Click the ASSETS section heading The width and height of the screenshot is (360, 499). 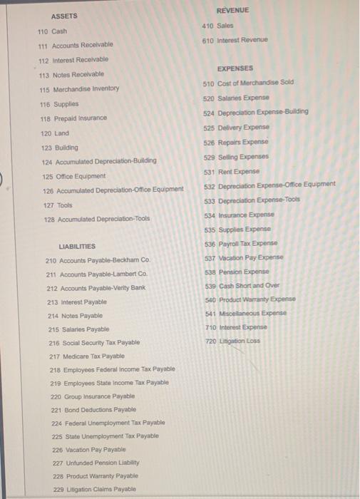(64, 16)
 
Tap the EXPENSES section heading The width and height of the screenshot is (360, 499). (235, 68)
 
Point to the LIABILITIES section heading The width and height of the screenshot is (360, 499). (77, 246)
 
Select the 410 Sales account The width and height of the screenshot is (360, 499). (217, 26)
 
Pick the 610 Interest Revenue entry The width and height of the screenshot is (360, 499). (235, 40)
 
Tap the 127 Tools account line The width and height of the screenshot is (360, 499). (54, 205)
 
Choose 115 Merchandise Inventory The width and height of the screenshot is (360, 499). (78, 88)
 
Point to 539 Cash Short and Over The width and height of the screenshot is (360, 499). (241, 285)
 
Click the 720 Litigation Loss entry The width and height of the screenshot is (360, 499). (232, 341)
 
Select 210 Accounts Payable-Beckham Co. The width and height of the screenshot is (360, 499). (98, 260)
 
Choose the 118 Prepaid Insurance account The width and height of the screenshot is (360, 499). (74, 118)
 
